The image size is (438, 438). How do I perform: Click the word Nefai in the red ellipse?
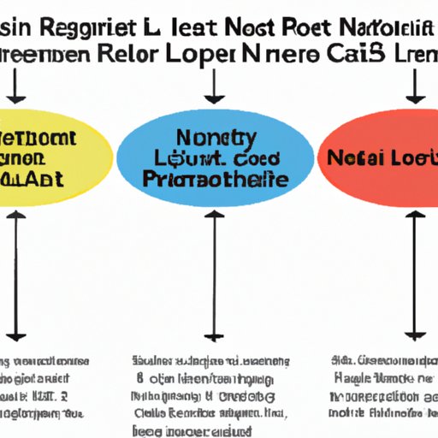click(x=350, y=159)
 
